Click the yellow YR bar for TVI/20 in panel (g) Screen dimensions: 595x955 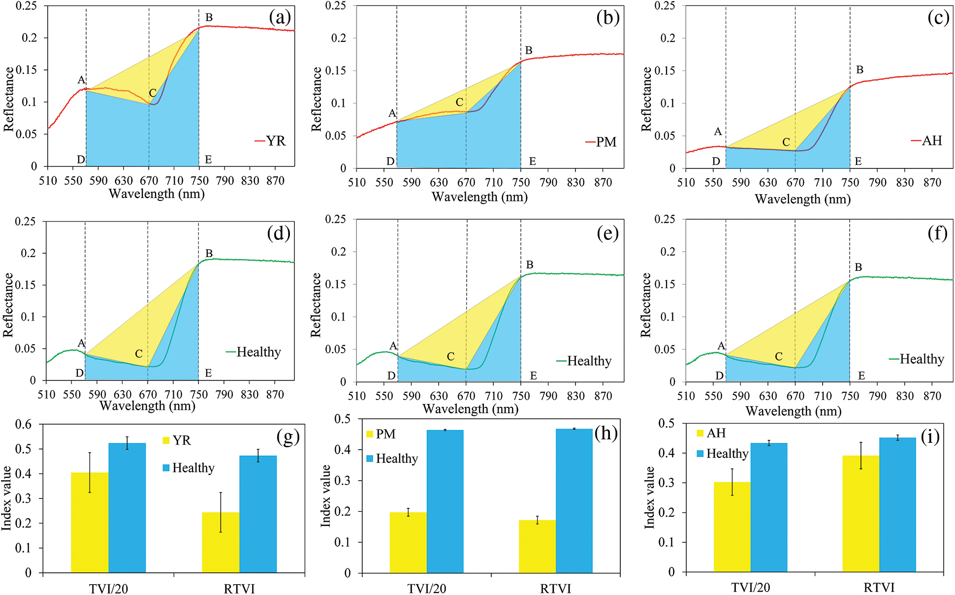[90, 522]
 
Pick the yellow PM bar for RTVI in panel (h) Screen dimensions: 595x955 [537, 546]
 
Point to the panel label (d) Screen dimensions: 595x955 [279, 232]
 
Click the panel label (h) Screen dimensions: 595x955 [606, 433]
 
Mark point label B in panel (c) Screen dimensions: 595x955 [859, 70]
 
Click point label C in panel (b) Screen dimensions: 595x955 [459, 102]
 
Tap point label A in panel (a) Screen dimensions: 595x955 [81, 80]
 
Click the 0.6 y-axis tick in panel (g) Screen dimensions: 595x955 [23, 424]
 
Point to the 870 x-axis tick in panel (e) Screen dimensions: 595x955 [603, 396]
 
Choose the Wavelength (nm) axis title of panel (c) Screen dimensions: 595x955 [802, 199]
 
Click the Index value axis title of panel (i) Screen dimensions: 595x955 [650, 497]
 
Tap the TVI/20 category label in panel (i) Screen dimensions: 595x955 [750, 588]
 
